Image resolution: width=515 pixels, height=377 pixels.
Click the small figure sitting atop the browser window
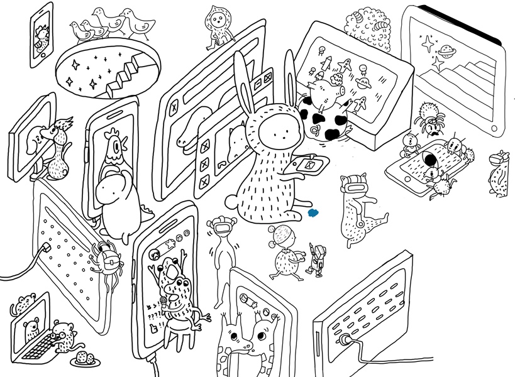218,28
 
